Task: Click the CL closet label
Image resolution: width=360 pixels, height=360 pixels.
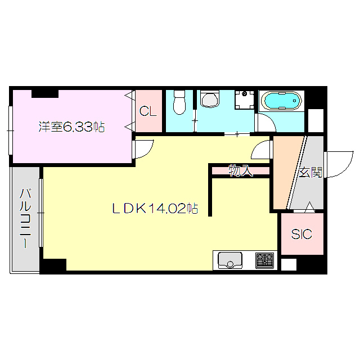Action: coord(148,111)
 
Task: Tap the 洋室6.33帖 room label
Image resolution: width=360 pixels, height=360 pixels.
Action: coord(71,127)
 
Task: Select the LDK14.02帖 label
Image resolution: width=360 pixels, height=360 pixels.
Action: coord(155,209)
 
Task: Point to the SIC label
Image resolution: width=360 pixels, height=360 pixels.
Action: coord(301,234)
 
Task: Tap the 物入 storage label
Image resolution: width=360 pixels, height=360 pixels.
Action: coord(241,171)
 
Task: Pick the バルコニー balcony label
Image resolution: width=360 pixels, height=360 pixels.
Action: coord(25,218)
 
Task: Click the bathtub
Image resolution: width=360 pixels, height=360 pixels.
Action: coord(282,101)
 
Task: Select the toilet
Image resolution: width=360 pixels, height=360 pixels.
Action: coord(179,102)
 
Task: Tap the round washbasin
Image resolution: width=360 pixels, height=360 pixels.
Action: coord(209,99)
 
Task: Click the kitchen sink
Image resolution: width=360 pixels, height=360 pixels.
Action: coord(229,260)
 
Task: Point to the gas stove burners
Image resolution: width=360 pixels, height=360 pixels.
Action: coord(264,260)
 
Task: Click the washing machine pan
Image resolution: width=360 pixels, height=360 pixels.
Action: coord(245,100)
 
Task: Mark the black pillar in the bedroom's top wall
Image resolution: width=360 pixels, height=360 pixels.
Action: coord(45,94)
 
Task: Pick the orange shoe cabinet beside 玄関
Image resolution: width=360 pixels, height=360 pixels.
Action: coord(286,172)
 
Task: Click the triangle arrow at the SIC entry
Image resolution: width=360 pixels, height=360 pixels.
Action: coord(309,206)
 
